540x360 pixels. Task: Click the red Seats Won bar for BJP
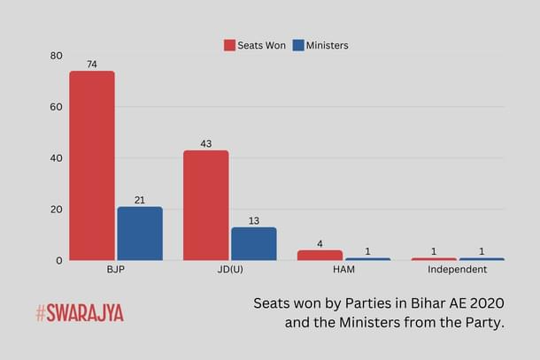92,165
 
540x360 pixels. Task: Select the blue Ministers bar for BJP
140,234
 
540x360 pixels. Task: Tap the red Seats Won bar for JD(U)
206,205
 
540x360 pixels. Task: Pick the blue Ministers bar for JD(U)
254,244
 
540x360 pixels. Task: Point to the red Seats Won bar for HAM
320,256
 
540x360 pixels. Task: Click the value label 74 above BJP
92,65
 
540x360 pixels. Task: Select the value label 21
140,200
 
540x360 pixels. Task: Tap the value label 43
206,144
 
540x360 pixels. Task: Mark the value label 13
254,220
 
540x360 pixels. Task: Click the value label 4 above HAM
320,243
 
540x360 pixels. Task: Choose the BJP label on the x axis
115,269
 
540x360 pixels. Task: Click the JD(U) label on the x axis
229,269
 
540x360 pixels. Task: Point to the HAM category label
343,269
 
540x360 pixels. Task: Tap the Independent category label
457,269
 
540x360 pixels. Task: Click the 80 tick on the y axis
57,56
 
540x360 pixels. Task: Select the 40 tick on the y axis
57,158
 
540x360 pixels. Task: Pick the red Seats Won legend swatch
229,45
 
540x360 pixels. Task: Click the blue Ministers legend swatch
298,45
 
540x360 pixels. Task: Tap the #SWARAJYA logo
80,313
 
